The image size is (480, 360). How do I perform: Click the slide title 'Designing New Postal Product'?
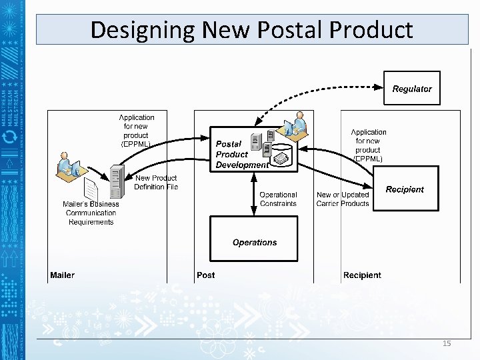point(251,30)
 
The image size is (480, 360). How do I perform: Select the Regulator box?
point(412,88)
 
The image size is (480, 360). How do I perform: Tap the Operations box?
point(255,242)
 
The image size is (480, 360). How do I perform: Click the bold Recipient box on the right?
point(405,189)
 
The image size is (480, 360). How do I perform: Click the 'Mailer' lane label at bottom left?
point(62,275)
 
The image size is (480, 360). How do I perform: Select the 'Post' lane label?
point(206,275)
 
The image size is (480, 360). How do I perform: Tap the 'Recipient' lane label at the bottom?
point(362,275)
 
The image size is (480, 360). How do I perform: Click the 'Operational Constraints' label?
point(278,199)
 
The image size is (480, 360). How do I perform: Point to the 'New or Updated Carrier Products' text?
point(343,199)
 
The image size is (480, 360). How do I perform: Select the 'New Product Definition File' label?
point(156,182)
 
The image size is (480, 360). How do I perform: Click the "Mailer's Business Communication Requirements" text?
point(91,213)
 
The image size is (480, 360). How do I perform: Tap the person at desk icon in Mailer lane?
point(67,166)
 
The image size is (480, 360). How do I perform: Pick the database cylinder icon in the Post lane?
point(283,156)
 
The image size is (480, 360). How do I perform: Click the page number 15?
point(447,343)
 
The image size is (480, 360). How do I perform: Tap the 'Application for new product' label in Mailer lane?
point(136,130)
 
